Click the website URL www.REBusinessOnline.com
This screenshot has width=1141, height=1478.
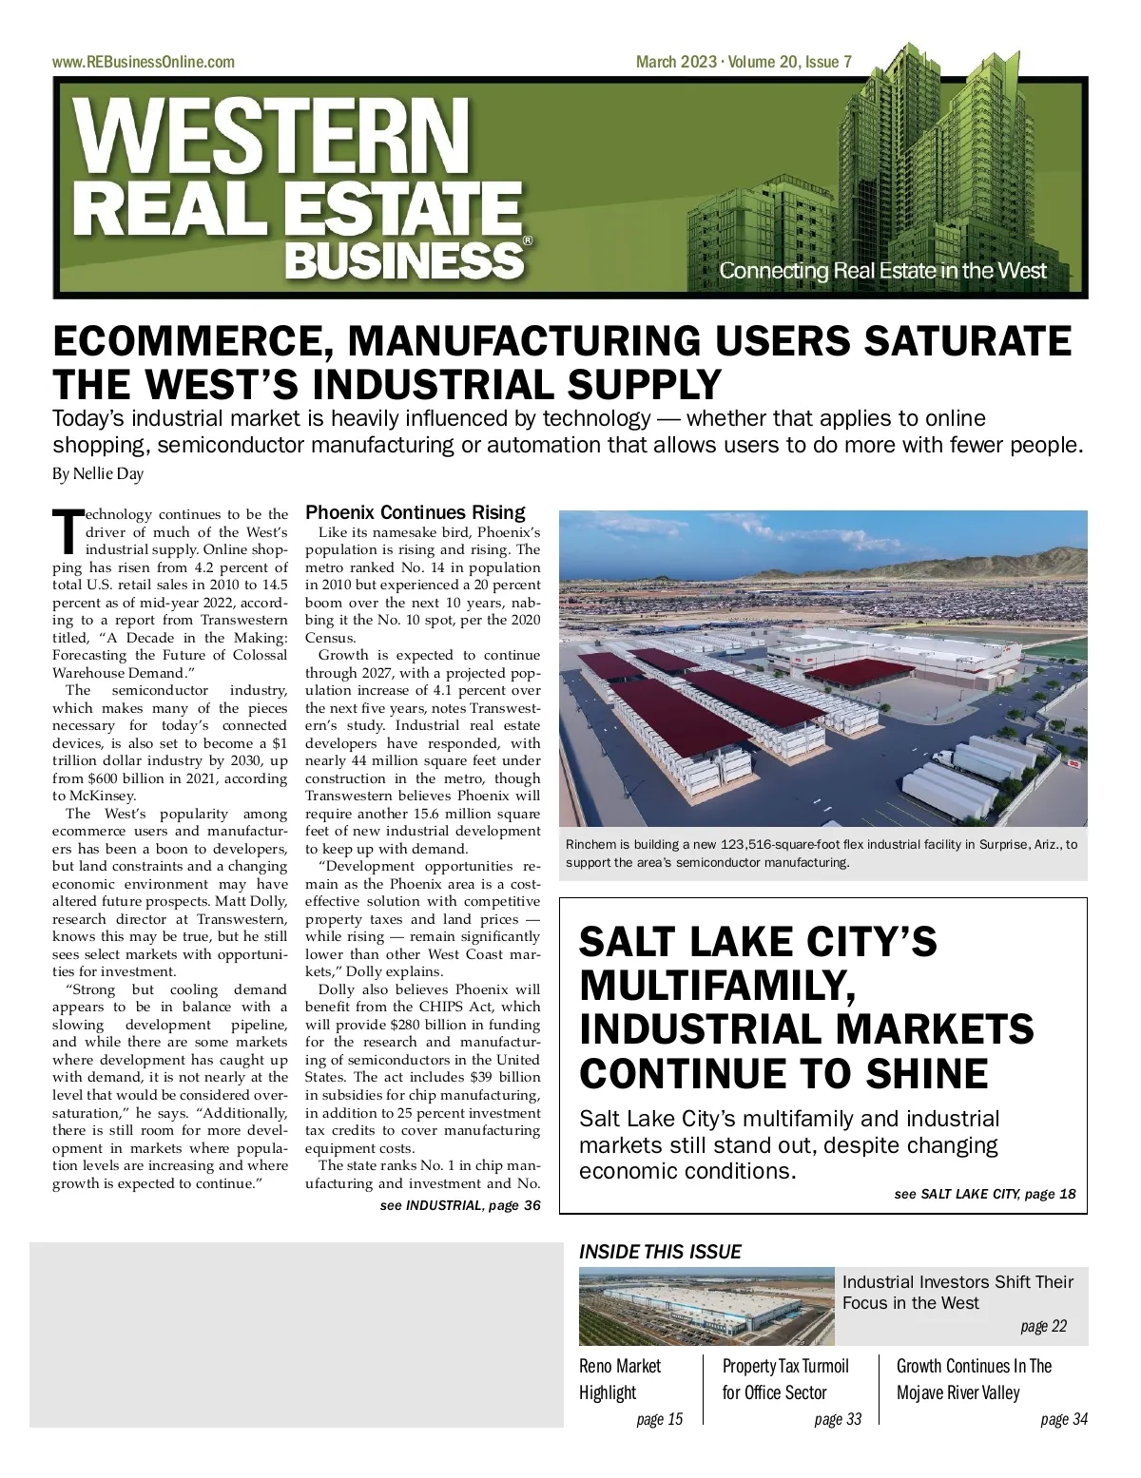(x=143, y=63)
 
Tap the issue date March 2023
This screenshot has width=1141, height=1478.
(x=676, y=63)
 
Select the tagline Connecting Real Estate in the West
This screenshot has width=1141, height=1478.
(x=881, y=271)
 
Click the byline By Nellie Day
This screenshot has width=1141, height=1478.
(x=98, y=473)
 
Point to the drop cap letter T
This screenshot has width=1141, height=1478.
(x=68, y=531)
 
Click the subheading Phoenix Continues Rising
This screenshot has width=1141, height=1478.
(x=416, y=512)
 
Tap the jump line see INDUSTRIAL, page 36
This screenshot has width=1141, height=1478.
(x=460, y=1205)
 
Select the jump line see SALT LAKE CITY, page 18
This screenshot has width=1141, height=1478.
(x=985, y=1194)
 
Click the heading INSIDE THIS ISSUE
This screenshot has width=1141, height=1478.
(x=660, y=1252)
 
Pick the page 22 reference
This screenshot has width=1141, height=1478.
(x=1043, y=1326)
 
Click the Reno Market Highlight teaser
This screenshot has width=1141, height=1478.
(x=620, y=1379)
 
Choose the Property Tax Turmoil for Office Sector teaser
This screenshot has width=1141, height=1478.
(x=785, y=1379)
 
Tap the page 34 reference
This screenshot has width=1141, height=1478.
(x=1063, y=1419)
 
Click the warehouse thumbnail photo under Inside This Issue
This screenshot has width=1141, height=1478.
(x=706, y=1306)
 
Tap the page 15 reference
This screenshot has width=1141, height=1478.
(x=659, y=1419)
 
